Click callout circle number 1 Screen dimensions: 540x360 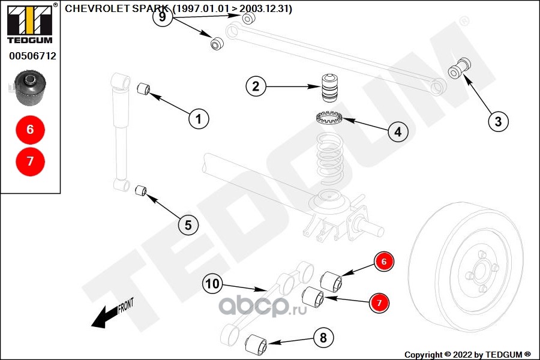pos(199,119)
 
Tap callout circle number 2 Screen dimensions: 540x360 pos(256,86)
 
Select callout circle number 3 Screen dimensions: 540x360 pos(499,121)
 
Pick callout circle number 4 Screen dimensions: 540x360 pos(398,131)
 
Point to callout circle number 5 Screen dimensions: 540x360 pos(188,225)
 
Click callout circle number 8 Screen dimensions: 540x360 pos(323,338)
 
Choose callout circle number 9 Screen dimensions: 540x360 pos(162,16)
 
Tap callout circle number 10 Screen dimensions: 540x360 pos(212,284)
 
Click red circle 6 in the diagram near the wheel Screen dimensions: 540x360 pos(384,262)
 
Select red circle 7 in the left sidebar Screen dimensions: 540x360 pos(31,161)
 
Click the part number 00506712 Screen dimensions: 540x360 pos(32,56)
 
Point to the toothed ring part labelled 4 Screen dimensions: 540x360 pos(329,118)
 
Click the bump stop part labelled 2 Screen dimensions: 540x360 pos(330,88)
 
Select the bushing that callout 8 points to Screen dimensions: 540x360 pos(256,343)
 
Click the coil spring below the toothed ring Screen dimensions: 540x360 pos(329,158)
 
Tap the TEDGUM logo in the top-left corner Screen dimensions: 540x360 pos(31,23)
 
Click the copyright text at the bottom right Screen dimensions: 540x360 pos(467,355)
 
